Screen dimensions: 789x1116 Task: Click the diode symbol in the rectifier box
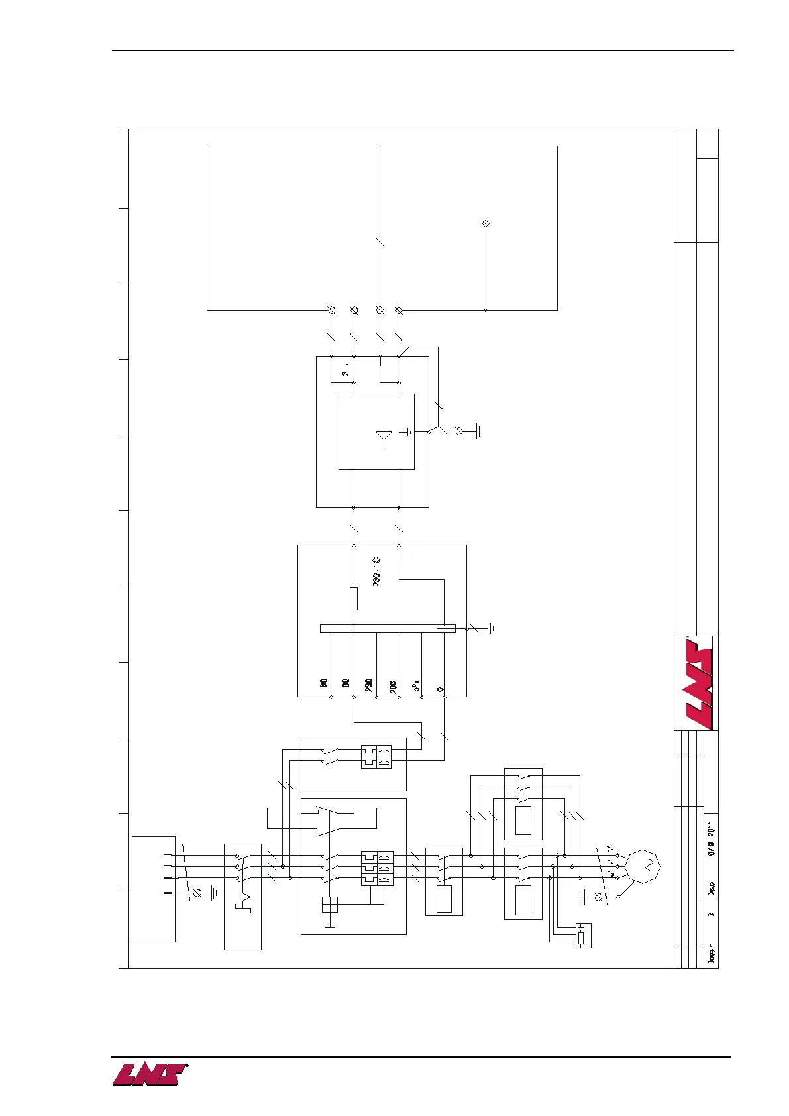pyautogui.click(x=383, y=435)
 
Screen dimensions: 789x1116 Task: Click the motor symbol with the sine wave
pyautogui.click(x=643, y=865)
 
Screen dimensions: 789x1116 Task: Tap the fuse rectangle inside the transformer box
pyautogui.click(x=354, y=598)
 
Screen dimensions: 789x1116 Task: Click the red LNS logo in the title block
pyautogui.click(x=697, y=683)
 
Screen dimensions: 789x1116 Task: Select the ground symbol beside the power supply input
pyautogui.click(x=213, y=893)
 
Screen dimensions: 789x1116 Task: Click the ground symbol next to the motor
pyautogui.click(x=583, y=897)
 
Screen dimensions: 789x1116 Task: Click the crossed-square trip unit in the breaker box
pyautogui.click(x=329, y=905)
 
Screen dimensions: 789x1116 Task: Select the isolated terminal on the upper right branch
pyautogui.click(x=485, y=224)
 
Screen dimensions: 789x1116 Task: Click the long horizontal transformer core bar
pyautogui.click(x=388, y=628)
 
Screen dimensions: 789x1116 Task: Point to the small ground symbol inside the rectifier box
pyautogui.click(x=409, y=432)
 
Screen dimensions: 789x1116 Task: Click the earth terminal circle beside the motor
pyautogui.click(x=600, y=897)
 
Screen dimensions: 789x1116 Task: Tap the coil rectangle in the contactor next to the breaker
pyautogui.click(x=444, y=899)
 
